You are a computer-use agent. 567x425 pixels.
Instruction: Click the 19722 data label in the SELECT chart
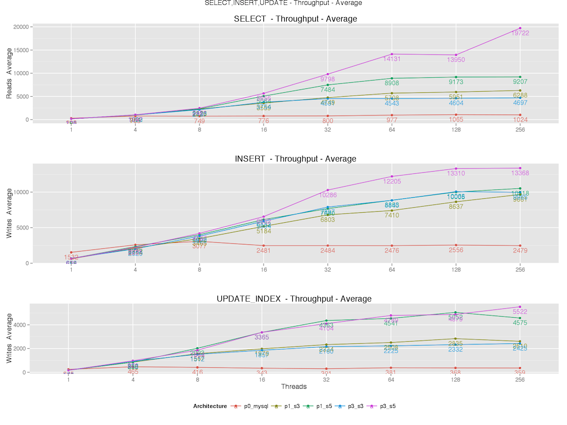click(x=520, y=33)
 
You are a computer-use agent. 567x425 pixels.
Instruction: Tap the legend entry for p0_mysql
click(x=256, y=406)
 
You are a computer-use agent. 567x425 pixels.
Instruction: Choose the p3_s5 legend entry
click(x=388, y=406)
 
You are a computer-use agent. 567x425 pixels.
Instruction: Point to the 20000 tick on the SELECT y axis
click(x=22, y=27)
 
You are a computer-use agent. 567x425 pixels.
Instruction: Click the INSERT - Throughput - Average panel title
click(x=295, y=159)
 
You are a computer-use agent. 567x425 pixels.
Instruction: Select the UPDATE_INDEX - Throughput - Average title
click(x=294, y=299)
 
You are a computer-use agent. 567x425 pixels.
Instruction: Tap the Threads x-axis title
click(x=294, y=387)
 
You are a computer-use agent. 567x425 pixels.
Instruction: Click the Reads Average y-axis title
click(x=9, y=73)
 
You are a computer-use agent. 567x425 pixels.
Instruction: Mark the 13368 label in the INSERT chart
click(x=520, y=173)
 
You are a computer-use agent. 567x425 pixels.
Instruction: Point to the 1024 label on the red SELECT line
click(x=520, y=120)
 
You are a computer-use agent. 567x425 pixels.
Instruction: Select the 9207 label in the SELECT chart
click(x=520, y=82)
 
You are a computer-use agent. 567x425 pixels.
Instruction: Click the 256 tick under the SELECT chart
click(x=520, y=130)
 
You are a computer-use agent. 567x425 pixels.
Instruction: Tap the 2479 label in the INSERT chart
click(x=520, y=251)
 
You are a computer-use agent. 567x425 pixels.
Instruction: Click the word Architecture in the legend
click(x=210, y=406)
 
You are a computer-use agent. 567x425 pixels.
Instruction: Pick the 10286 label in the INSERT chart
click(x=328, y=195)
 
